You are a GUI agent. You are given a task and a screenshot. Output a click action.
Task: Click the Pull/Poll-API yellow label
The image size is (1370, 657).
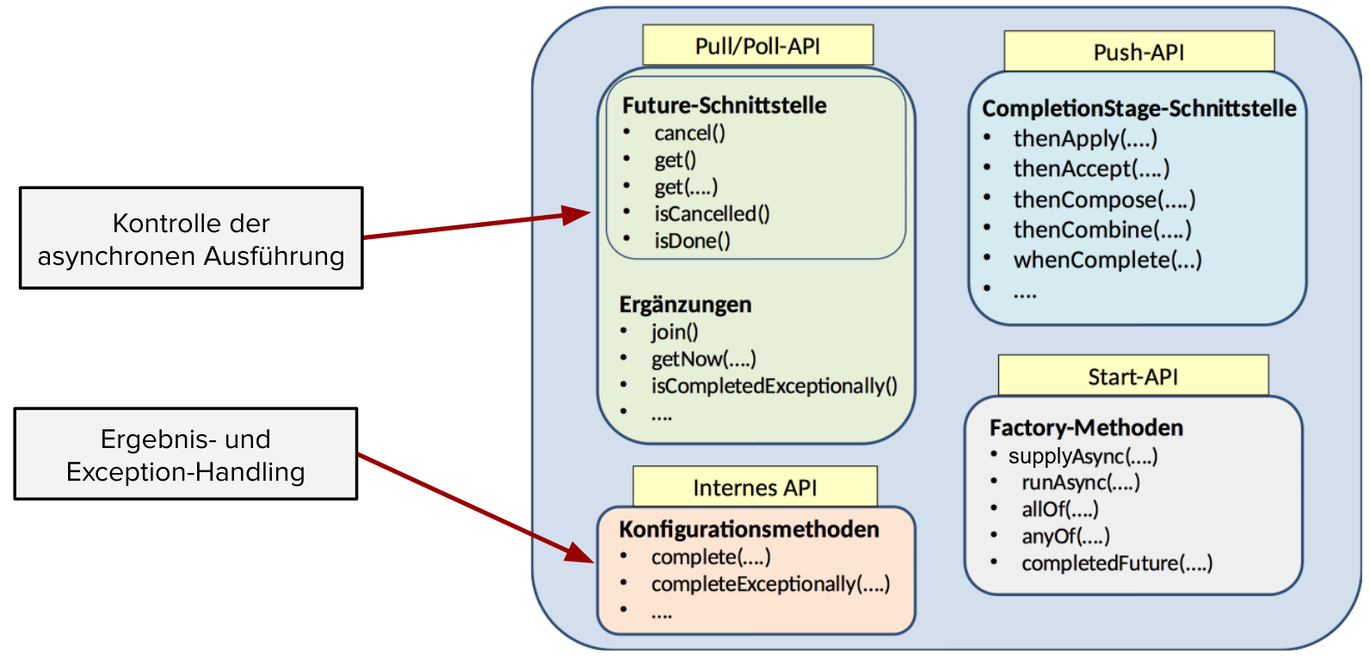pos(757,46)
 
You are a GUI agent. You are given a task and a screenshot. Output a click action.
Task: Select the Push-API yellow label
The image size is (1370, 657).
pos(1139,52)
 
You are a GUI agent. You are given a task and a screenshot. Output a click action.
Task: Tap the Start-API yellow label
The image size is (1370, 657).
pos(1132,377)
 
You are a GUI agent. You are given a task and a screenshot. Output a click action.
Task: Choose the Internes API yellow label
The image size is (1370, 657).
pos(755,488)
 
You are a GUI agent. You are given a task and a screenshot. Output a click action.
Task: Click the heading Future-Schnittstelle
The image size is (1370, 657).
pos(724,105)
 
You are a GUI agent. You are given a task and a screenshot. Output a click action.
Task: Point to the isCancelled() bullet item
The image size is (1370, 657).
pos(712,213)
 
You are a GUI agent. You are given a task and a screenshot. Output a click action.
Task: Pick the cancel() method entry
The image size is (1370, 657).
pos(689,133)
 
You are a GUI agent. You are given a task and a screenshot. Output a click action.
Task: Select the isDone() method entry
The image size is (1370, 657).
pos(692,241)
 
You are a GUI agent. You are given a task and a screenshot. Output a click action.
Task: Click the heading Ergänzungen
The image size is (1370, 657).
pos(685,304)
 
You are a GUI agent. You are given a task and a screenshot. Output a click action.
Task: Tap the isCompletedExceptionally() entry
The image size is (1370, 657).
pos(774,386)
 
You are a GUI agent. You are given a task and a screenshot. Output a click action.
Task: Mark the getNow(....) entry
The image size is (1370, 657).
pos(703,359)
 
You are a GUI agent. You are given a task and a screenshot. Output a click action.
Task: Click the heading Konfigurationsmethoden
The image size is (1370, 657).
pos(749,529)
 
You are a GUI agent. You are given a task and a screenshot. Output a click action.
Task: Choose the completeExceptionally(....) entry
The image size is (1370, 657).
pos(770,584)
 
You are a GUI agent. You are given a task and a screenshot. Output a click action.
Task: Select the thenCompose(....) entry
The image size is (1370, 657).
pos(1104,200)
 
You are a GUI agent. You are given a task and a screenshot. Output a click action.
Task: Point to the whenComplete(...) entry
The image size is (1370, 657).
pos(1107,260)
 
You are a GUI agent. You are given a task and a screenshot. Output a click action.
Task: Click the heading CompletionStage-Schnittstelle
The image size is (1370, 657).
pos(1139,108)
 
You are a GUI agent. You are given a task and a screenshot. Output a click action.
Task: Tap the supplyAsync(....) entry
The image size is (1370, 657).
pos(1083,456)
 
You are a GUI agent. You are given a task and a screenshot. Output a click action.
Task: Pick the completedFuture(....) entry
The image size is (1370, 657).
pos(1116,563)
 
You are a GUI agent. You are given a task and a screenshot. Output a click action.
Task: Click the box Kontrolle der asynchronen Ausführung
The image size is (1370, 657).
pos(191,238)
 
